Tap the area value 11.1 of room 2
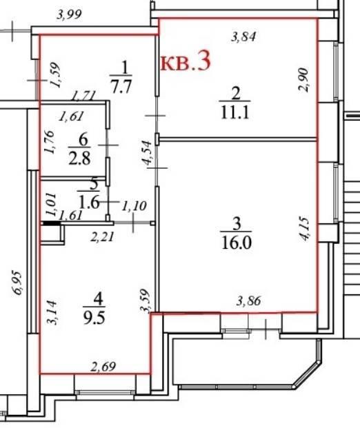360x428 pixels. point(235,112)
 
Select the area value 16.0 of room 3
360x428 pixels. point(237,243)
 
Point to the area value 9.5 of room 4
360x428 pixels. point(94,318)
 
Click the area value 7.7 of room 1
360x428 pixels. point(121,86)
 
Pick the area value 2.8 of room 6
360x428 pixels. point(79,159)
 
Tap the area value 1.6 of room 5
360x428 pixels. point(88,203)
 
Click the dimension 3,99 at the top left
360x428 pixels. point(69,14)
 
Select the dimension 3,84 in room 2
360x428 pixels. point(243,37)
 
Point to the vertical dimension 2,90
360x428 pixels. point(303,80)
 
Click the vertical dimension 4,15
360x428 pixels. point(304,229)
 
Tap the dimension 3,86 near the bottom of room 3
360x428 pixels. point(248,300)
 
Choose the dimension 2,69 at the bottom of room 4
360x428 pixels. point(103,367)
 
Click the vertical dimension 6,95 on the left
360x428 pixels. point(17,283)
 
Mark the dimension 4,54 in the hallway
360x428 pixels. point(147,152)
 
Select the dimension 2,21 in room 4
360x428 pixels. point(102,236)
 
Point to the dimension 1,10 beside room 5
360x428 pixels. point(134,206)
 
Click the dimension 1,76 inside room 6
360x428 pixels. point(50,142)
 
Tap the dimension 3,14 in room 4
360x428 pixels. point(52,312)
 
